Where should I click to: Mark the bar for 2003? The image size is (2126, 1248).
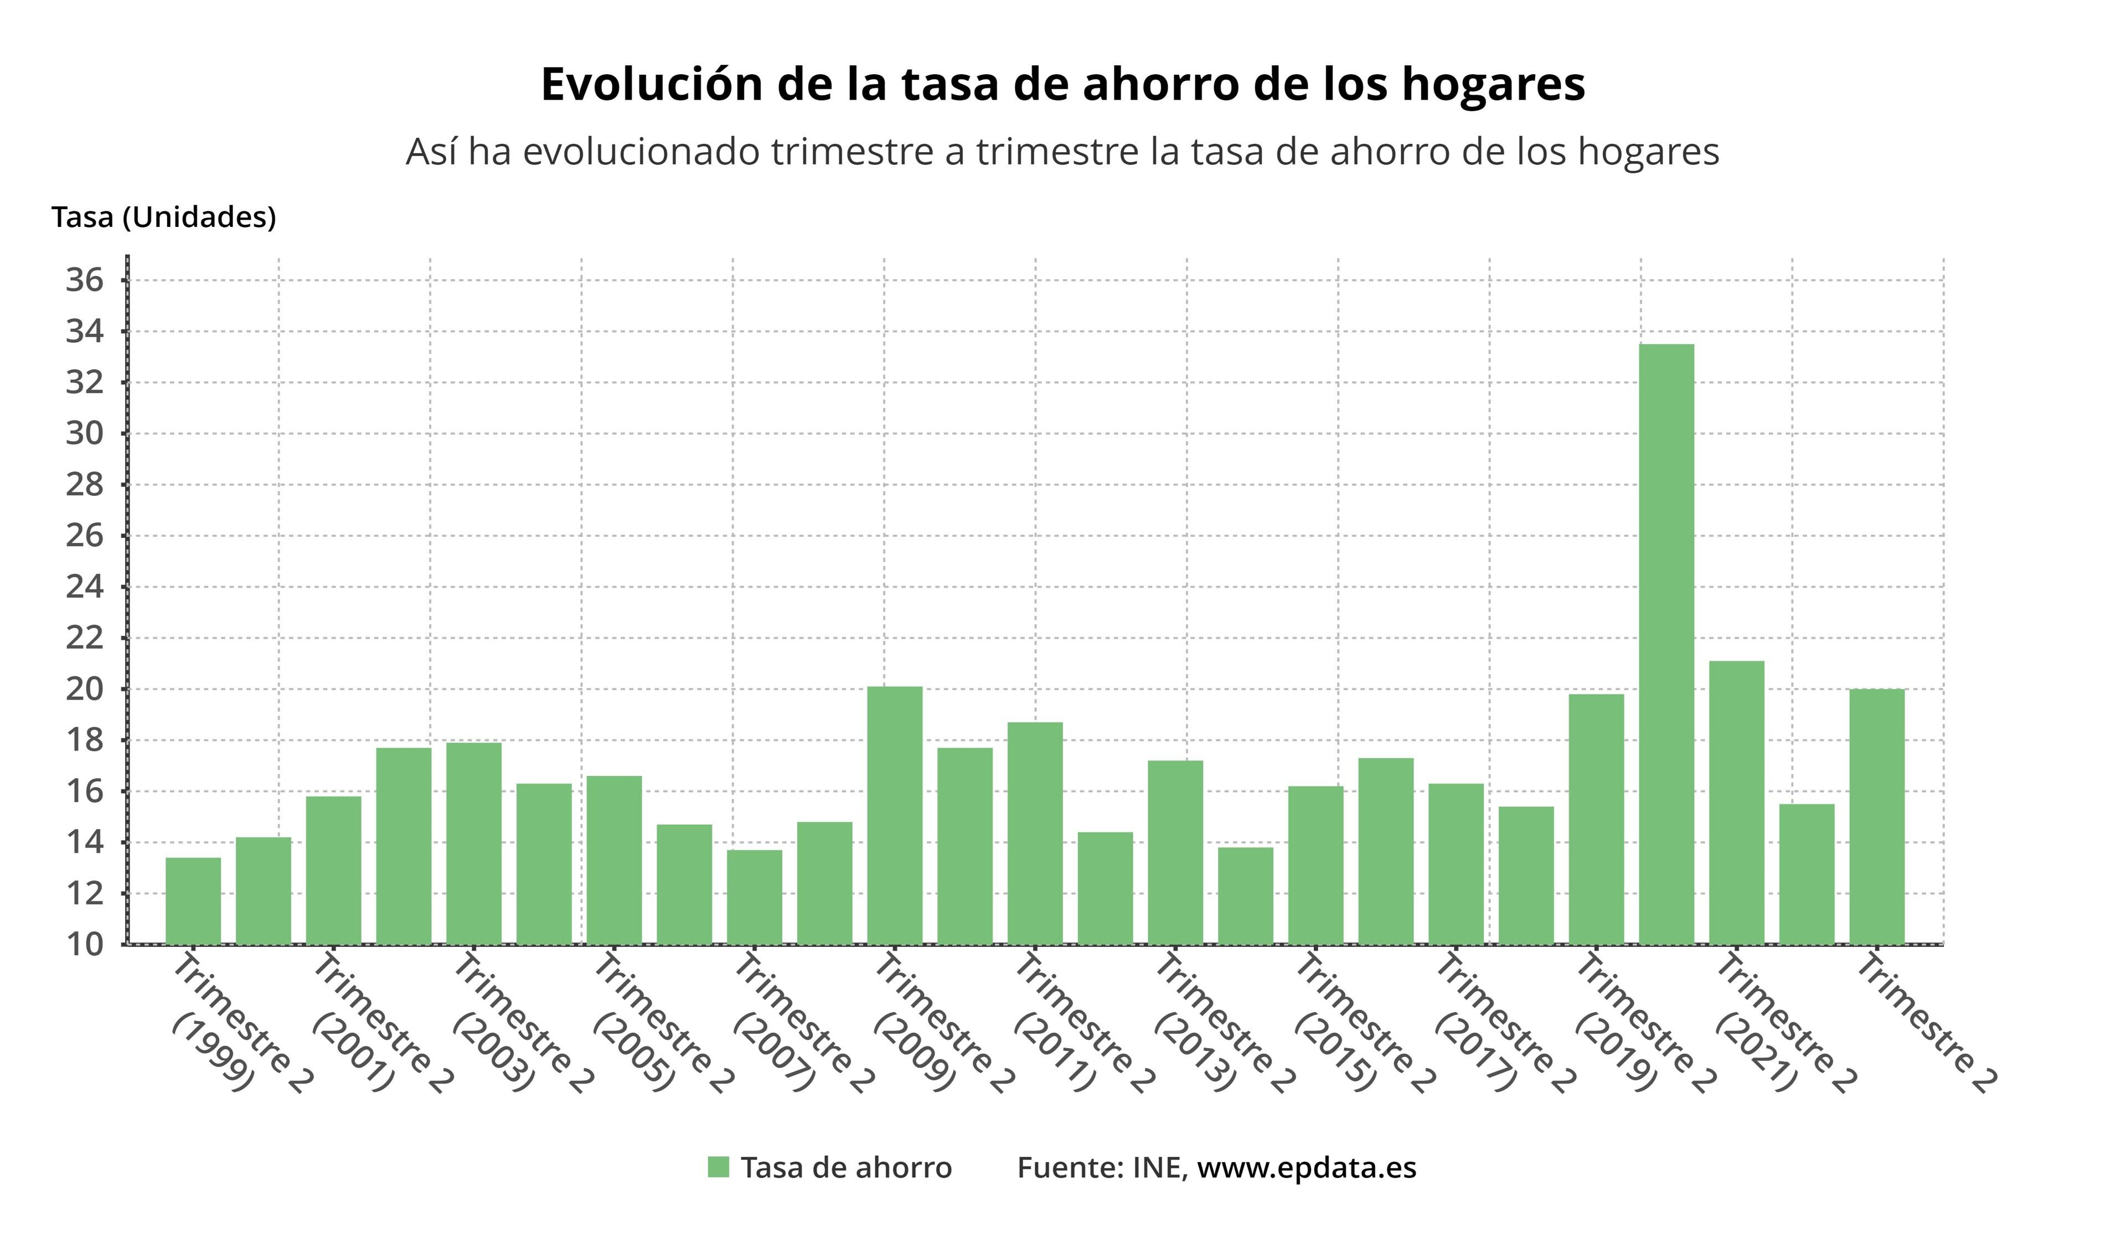473,843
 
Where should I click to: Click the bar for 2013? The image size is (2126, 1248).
1175,852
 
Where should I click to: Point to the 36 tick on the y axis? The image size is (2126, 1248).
84,280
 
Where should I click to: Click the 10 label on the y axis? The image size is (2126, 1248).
84,944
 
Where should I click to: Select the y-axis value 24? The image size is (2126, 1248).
84,587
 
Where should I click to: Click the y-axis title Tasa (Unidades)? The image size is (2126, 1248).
164,218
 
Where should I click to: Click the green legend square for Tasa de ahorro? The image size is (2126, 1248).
718,1167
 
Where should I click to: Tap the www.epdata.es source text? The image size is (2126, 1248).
1306,1167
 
